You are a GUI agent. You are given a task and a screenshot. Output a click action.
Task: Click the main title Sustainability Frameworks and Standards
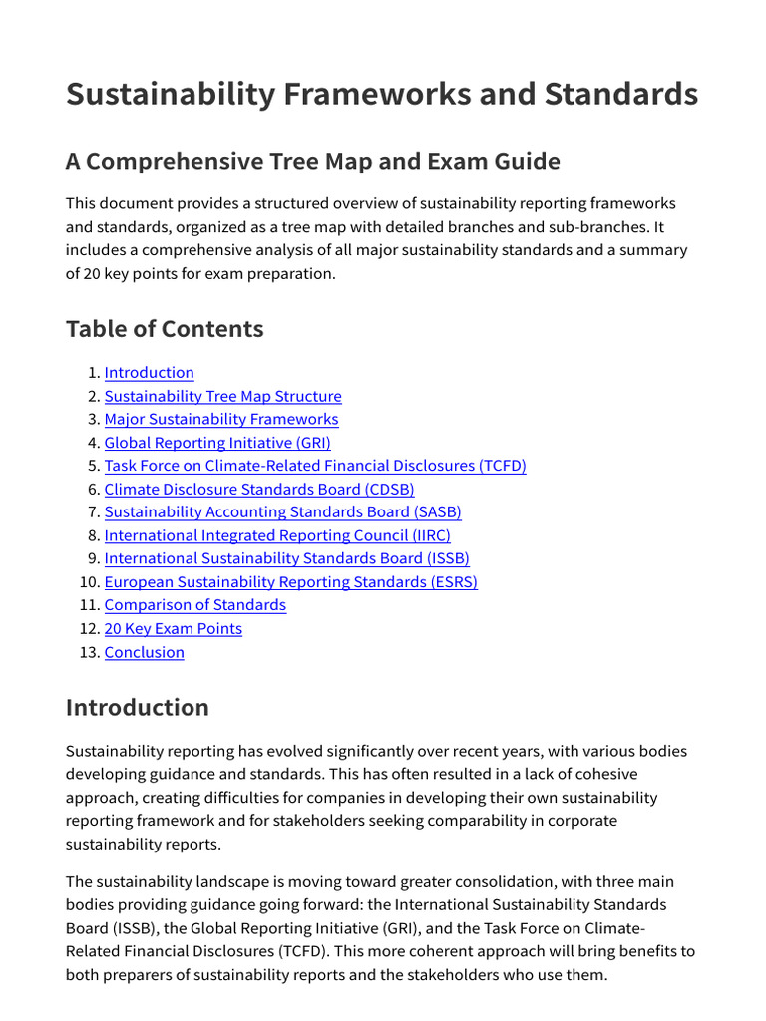click(x=382, y=94)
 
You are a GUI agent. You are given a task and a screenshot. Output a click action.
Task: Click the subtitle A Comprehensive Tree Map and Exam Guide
click(x=312, y=161)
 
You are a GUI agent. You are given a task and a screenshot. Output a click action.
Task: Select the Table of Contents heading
click(x=165, y=328)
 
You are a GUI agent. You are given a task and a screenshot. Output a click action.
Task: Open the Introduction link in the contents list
click(x=149, y=373)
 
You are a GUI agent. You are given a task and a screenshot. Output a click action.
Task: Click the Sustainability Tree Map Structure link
click(x=222, y=396)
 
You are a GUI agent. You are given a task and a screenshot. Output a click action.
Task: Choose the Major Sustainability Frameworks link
click(x=220, y=420)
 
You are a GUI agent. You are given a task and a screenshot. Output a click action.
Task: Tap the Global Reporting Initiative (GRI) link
click(x=216, y=443)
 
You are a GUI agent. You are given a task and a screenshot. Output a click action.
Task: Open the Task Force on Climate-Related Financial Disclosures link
click(x=314, y=466)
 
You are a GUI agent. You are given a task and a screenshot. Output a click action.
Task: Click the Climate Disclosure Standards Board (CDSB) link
click(x=258, y=490)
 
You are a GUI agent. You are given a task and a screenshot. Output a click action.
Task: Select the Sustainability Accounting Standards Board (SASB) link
click(x=282, y=512)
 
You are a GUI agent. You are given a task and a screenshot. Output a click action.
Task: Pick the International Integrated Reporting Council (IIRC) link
click(x=276, y=535)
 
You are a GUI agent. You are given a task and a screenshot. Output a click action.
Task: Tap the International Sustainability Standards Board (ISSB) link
click(x=286, y=559)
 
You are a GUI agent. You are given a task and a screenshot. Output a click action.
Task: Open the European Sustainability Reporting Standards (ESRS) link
click(x=290, y=582)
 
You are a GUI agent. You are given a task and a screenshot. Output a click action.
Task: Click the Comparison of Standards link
click(x=194, y=605)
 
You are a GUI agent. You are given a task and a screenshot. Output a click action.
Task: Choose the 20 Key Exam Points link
click(x=173, y=629)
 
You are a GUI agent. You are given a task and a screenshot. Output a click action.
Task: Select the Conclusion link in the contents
click(x=144, y=652)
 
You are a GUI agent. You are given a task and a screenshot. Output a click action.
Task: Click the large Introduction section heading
click(x=138, y=708)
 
